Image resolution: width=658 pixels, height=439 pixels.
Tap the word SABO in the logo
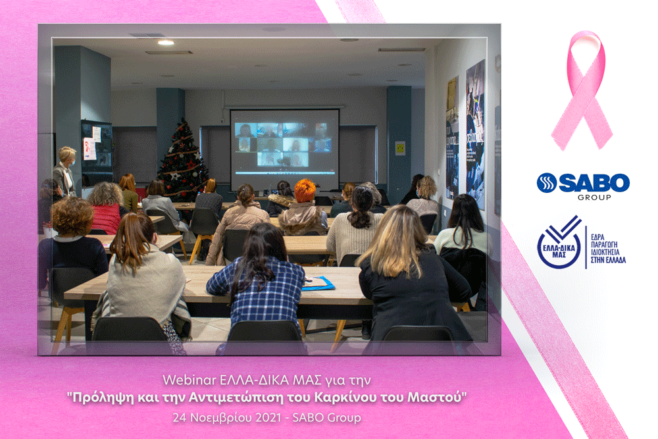[594, 182]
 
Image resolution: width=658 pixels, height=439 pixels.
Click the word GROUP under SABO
[594, 197]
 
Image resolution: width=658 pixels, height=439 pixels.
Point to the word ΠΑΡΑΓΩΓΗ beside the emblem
[604, 245]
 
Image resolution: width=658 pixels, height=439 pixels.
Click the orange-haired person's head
[305, 191]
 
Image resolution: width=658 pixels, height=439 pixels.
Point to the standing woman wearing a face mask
[65, 171]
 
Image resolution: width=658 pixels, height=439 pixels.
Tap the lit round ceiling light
[166, 42]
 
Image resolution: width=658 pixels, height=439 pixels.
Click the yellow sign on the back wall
[400, 148]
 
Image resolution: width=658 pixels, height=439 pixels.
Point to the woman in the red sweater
[106, 209]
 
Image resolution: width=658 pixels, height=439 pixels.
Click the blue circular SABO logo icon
[547, 183]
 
